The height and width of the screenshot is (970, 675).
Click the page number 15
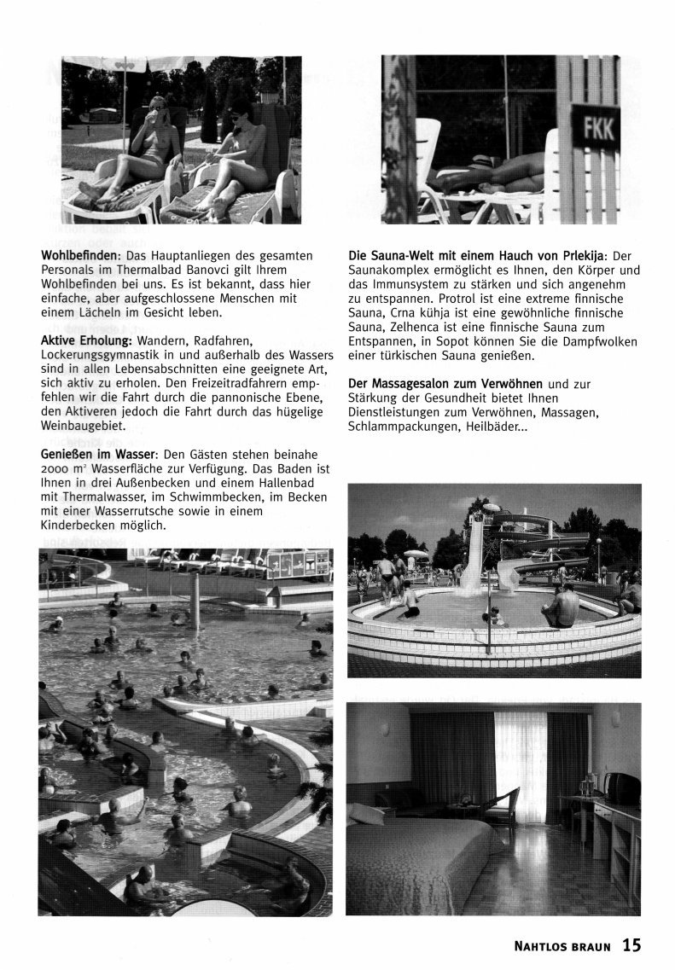[631, 944]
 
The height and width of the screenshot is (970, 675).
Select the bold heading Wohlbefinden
[79, 256]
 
